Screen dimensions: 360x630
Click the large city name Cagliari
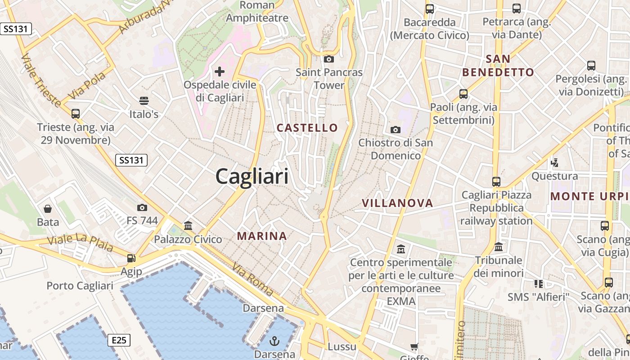tap(252, 176)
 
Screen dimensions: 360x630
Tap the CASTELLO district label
tap(307, 128)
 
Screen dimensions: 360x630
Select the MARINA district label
tap(262, 236)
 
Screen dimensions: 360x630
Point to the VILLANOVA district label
tap(397, 203)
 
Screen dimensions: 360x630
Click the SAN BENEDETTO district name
tap(498, 66)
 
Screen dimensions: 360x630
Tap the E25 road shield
tap(119, 340)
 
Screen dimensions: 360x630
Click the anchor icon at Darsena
tap(274, 340)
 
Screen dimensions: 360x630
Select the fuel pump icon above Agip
tap(131, 258)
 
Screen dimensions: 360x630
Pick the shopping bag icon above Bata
tap(48, 209)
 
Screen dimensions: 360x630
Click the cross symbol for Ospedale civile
tap(220, 71)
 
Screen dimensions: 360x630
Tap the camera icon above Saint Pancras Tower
tap(329, 59)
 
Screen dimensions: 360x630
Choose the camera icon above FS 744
tap(142, 207)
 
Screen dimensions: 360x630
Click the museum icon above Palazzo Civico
tap(188, 225)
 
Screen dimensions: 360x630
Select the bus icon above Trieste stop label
tap(76, 114)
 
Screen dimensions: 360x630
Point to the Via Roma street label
tap(252, 279)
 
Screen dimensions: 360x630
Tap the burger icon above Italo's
tap(144, 100)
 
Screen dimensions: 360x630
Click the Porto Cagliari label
tap(80, 286)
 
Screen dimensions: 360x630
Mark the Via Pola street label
tap(87, 85)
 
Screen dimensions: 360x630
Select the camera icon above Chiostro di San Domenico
tap(396, 130)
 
